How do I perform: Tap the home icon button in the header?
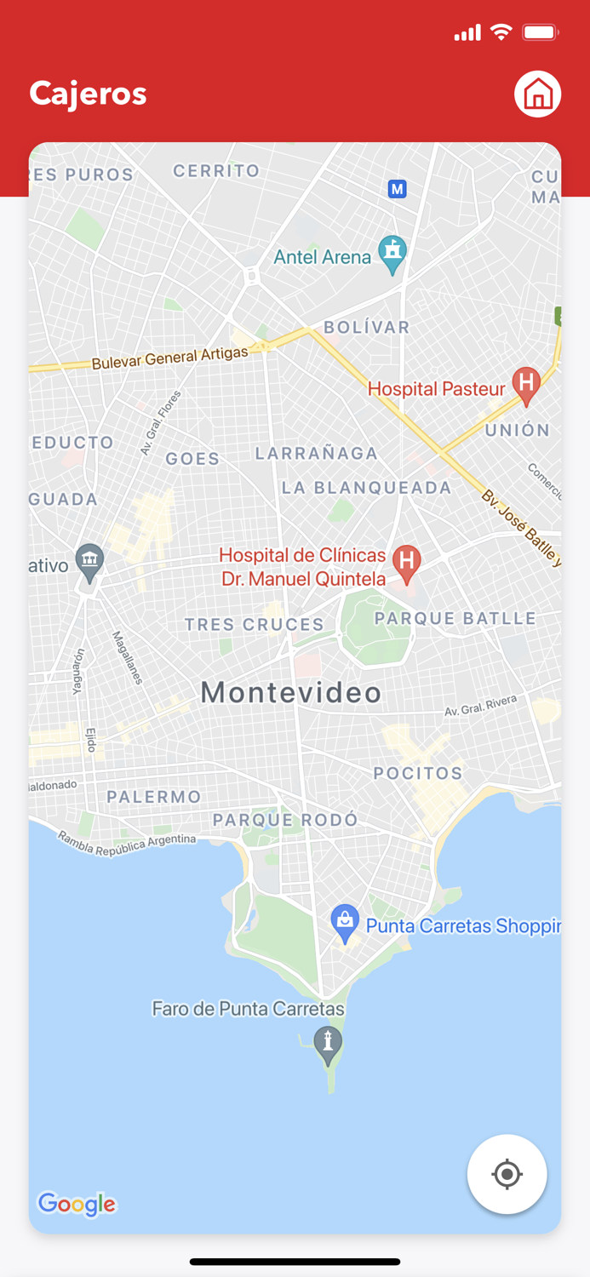click(537, 94)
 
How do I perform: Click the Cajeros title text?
click(89, 94)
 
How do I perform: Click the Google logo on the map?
click(77, 1203)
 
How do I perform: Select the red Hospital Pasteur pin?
click(526, 385)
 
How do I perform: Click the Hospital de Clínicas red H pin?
click(407, 563)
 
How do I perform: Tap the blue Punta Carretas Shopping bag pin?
click(345, 922)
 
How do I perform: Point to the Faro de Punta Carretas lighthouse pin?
click(328, 1043)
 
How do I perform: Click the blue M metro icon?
click(397, 189)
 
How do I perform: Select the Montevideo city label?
click(291, 693)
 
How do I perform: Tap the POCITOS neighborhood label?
click(418, 773)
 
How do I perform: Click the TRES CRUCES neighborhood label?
click(255, 625)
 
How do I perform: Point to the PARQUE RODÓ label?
click(285, 820)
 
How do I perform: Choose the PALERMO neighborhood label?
click(154, 797)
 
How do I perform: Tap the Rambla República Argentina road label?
click(127, 844)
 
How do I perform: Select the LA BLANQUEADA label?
click(366, 488)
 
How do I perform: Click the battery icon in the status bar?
click(540, 33)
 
